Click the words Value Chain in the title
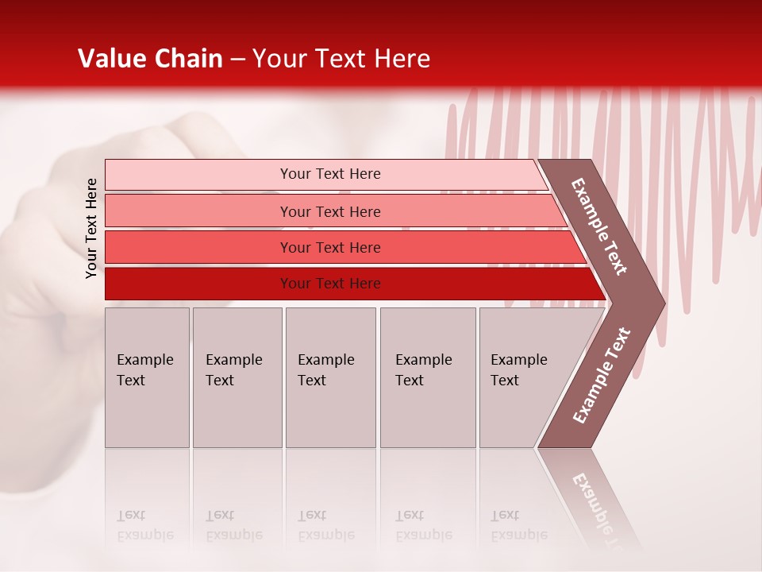pos(150,59)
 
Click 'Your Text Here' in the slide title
pos(341,59)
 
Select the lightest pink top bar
pos(198,175)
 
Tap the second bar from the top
pos(198,211)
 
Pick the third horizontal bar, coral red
pos(198,247)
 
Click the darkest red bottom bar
pos(198,284)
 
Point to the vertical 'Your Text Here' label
pos(91,228)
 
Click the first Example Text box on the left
pos(147,377)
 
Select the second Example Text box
pos(237,377)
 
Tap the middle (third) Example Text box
pos(330,377)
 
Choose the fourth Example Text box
pos(428,377)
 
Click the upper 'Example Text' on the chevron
pos(599,226)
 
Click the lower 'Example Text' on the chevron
pos(602,375)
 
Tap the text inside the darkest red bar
pos(330,284)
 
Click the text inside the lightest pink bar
pos(330,174)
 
